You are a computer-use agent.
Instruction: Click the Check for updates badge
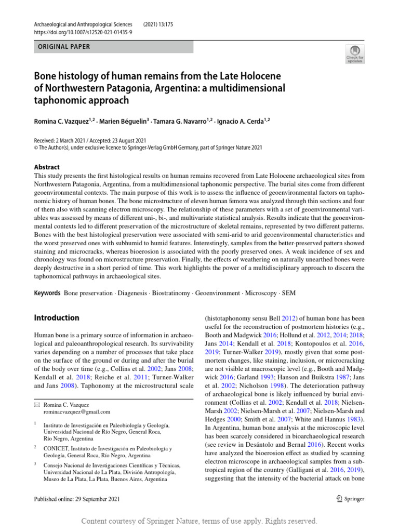355,54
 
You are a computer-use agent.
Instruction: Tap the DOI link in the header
83,32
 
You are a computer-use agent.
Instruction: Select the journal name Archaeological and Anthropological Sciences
84,24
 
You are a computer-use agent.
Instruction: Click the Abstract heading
47,167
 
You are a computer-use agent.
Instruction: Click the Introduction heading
56,317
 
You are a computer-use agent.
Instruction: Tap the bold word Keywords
47,293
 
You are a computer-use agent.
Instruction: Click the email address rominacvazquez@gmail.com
76,411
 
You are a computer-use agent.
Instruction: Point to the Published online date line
76,499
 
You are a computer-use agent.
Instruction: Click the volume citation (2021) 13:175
162,24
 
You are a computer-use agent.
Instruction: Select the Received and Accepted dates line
90,140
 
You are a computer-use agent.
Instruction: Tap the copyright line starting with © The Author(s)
148,147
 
